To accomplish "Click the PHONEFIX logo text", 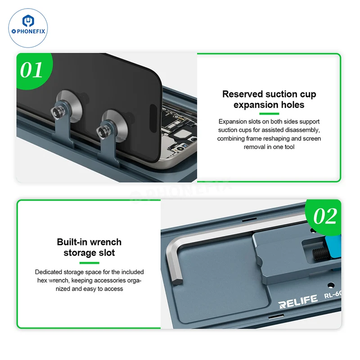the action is click(x=28, y=31).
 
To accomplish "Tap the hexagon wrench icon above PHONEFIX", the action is click(x=28, y=21).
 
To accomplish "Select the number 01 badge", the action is click(x=31, y=70).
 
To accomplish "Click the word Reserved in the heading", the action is click(x=243, y=94).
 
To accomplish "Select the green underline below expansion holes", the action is click(x=269, y=114).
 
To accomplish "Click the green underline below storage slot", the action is click(x=89, y=263).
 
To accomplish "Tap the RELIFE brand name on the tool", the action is click(x=298, y=301).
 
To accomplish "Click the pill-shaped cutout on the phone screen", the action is click(x=153, y=118).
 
